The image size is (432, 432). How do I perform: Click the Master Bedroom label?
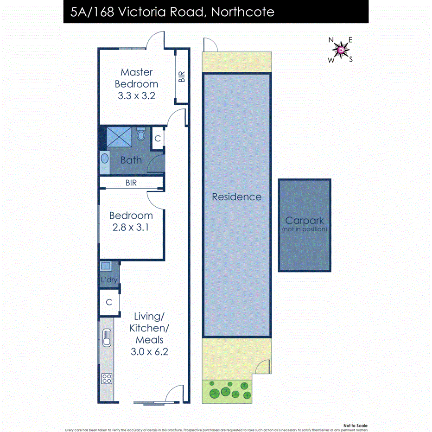[x=136, y=78]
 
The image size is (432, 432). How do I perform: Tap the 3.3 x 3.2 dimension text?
[x=136, y=96]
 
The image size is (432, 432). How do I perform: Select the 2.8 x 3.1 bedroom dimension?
[x=131, y=228]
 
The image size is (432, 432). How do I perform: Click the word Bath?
[x=131, y=160]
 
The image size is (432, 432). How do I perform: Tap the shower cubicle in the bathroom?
[x=120, y=136]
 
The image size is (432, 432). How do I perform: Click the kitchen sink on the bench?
[x=107, y=338]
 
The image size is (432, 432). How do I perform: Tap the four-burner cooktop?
[x=107, y=378]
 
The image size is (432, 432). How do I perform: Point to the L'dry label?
[x=109, y=280]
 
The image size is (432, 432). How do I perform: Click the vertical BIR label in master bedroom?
[x=182, y=76]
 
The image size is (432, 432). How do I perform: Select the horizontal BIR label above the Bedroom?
[x=131, y=183]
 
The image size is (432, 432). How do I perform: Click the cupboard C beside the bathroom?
[x=158, y=138]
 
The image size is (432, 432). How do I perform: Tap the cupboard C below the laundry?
[x=109, y=302]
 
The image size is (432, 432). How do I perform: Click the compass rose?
[x=341, y=49]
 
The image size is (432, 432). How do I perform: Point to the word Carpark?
[x=304, y=221]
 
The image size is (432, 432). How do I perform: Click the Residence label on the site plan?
[x=236, y=197]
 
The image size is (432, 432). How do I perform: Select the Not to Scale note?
[x=356, y=426]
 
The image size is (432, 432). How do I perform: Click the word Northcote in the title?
[x=242, y=12]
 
